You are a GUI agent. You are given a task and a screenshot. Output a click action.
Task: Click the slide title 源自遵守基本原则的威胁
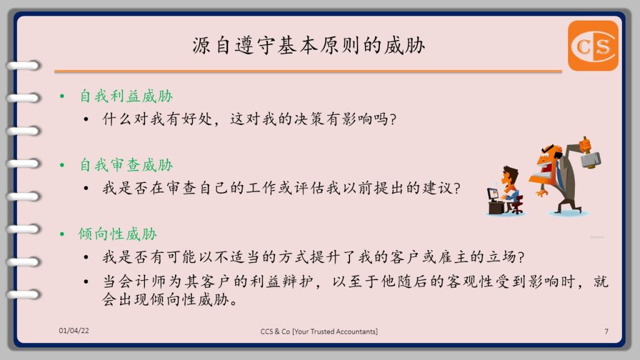[309, 45]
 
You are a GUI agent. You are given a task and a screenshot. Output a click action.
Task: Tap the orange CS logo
[592, 46]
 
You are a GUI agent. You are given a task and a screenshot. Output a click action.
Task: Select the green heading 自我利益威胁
[126, 96]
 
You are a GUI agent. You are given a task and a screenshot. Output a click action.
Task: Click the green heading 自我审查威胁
[126, 165]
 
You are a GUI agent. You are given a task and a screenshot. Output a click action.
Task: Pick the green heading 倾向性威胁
[118, 234]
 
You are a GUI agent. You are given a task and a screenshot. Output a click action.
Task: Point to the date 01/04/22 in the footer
[74, 331]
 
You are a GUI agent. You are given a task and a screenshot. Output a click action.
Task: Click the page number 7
[606, 331]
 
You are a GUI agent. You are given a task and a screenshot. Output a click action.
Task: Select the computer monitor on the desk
[494, 194]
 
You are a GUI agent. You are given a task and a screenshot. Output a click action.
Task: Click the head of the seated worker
[510, 176]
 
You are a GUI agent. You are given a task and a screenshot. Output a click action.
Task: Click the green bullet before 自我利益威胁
[62, 97]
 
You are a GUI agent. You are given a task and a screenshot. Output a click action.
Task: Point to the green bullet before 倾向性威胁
[62, 234]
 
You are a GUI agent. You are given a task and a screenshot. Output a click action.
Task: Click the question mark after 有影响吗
[392, 119]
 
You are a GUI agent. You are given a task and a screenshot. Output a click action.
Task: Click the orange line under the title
[308, 71]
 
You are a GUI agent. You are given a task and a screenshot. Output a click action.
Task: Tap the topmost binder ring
[23, 65]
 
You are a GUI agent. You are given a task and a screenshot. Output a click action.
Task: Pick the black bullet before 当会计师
[86, 282]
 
